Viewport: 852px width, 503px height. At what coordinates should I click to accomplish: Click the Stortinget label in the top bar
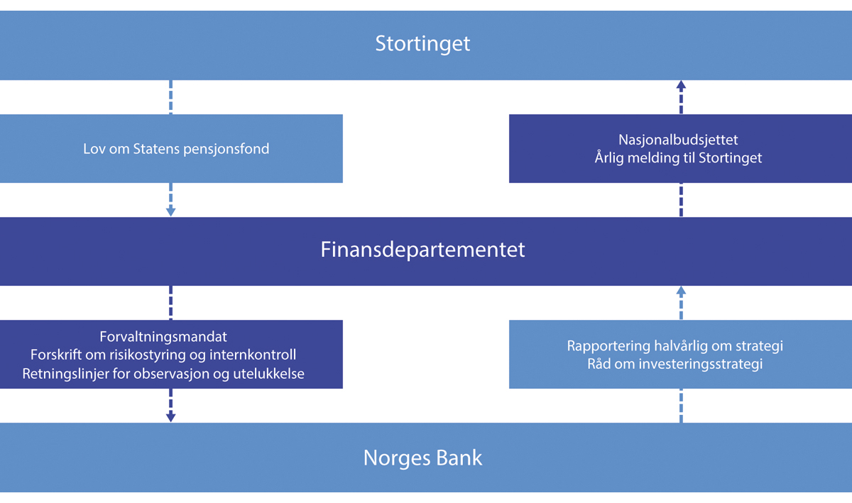click(422, 44)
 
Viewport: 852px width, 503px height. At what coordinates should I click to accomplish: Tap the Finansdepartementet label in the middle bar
click(422, 250)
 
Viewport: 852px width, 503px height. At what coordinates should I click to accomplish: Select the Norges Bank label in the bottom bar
click(422, 458)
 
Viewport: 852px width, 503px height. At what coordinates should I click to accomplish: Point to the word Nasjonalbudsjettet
click(678, 140)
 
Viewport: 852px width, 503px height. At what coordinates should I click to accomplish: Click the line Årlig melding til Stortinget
click(678, 157)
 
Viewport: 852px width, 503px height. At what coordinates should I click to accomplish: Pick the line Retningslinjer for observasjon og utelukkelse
click(163, 372)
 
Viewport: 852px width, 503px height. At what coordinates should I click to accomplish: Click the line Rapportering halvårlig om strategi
click(674, 346)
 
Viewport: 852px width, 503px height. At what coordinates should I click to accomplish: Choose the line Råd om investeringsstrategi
click(674, 364)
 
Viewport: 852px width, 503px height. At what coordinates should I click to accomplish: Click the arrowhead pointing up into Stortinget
click(681, 85)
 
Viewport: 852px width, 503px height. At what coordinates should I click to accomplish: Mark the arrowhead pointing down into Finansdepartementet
click(170, 211)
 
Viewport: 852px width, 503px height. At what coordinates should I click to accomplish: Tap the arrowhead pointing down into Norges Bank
click(170, 416)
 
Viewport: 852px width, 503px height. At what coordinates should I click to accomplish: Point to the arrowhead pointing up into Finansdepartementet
click(681, 291)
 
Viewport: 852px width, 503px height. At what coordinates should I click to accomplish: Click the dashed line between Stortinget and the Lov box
click(171, 97)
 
